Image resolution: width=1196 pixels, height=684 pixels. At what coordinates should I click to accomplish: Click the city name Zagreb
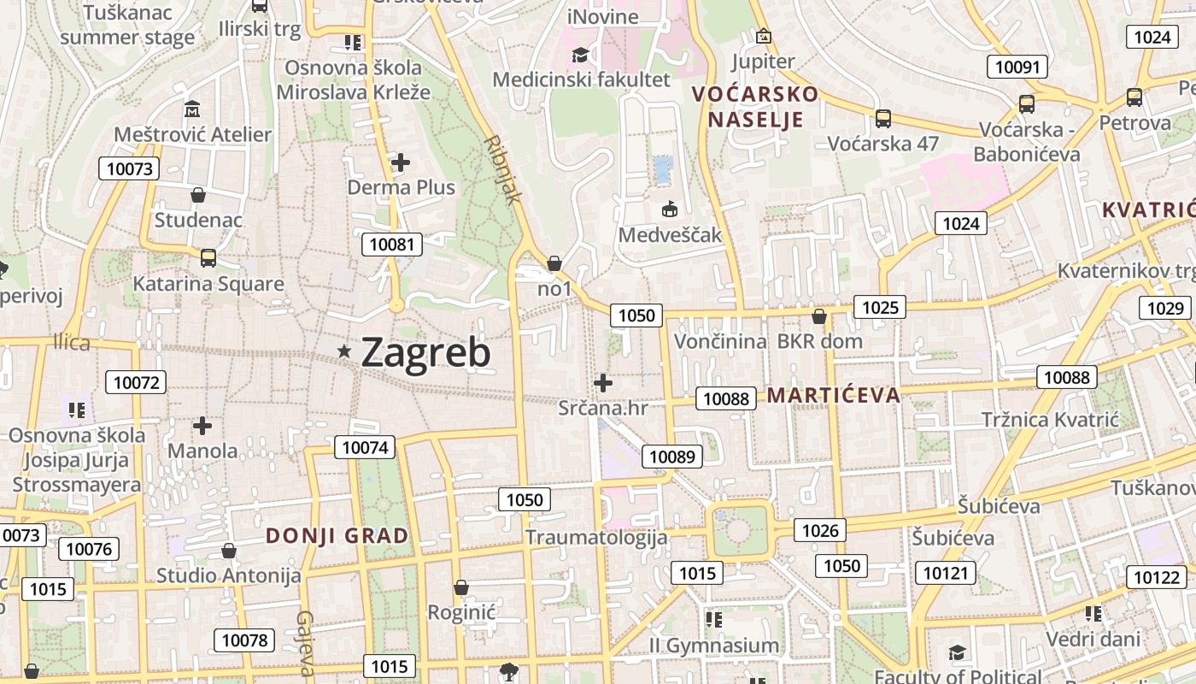point(425,351)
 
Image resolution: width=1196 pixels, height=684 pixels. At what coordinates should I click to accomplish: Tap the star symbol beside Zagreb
point(344,351)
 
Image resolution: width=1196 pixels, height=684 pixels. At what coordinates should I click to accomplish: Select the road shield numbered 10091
point(1017,67)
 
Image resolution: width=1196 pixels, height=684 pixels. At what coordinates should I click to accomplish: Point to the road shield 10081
point(392,245)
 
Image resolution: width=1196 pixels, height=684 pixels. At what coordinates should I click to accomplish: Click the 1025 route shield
point(880,307)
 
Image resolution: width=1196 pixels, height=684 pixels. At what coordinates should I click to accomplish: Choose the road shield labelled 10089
point(672,457)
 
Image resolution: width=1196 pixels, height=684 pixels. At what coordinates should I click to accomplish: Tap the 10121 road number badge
point(945,573)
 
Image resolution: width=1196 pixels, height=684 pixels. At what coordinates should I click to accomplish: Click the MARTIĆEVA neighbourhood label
point(834,395)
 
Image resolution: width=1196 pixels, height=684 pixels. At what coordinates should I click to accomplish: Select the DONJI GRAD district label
point(337,536)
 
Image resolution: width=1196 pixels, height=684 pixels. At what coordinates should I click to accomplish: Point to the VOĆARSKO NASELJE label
point(755,106)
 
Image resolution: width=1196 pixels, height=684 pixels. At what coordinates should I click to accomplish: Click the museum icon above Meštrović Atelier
point(192,109)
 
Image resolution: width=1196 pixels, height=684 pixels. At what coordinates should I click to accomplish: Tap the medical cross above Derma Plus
point(400,162)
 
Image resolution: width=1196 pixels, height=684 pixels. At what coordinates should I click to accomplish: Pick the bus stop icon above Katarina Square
point(208,257)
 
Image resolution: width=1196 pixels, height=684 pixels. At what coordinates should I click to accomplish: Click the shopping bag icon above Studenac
point(198,195)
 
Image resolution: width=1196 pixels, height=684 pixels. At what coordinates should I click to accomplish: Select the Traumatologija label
point(595,538)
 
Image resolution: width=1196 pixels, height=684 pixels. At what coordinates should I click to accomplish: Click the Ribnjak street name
point(502,169)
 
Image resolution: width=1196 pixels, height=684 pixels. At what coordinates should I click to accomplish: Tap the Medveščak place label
point(670,235)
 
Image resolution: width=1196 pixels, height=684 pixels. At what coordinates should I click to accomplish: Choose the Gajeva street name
point(306,643)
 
